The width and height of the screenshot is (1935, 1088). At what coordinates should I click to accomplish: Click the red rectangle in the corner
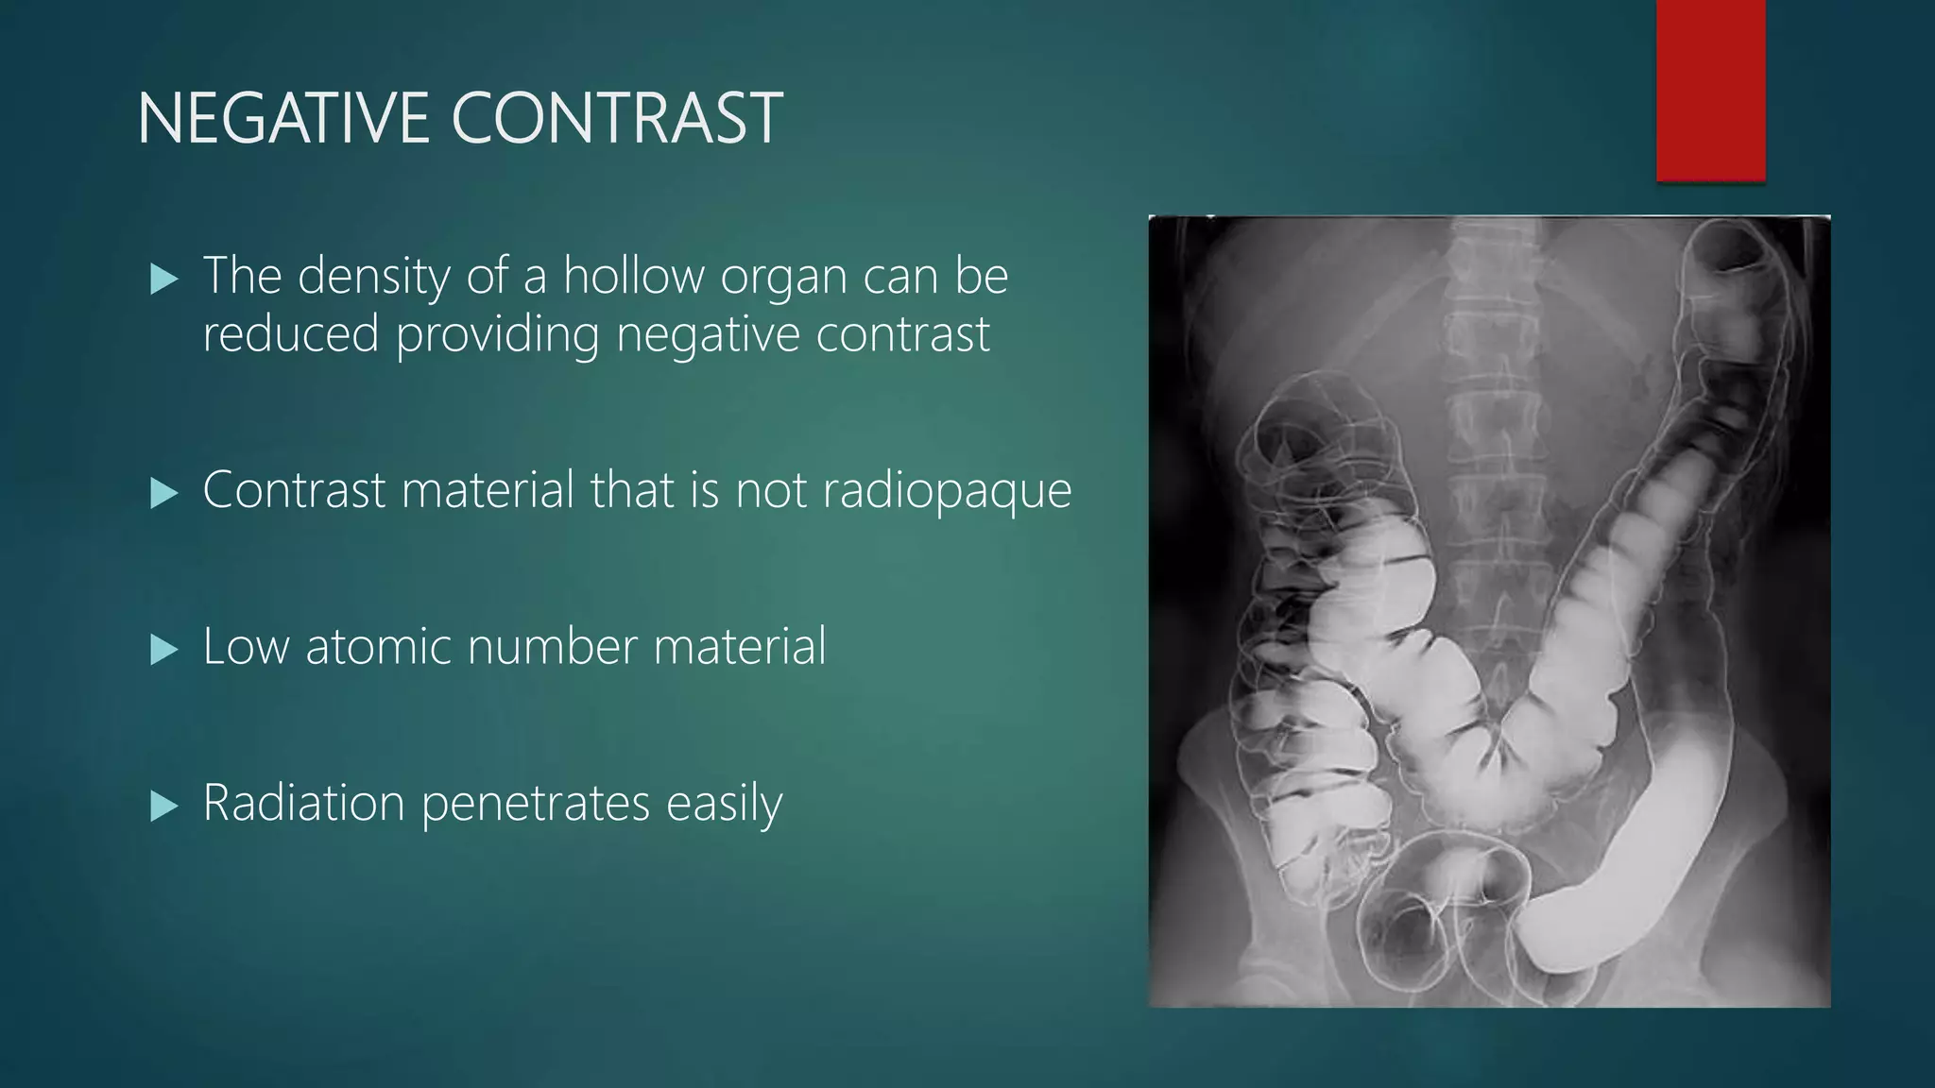1710,90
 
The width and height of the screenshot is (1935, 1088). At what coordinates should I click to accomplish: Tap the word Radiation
304,803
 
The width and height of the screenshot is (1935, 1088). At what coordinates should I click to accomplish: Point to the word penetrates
536,805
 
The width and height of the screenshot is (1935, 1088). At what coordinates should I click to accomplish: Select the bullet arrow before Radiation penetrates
164,806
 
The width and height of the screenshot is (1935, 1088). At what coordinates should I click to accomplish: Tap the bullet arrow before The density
164,280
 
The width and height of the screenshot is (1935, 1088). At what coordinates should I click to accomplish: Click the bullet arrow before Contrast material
164,492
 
